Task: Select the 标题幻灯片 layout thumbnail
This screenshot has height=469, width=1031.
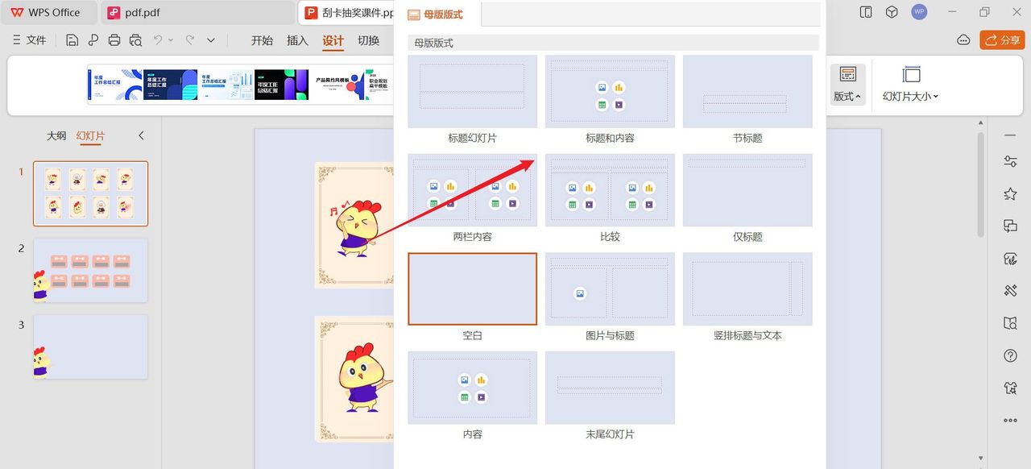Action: pos(472,91)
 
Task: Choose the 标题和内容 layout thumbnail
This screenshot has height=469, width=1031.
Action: pos(610,91)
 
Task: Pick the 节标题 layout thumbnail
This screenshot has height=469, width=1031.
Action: pos(747,91)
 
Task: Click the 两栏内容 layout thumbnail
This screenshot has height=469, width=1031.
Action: pos(472,190)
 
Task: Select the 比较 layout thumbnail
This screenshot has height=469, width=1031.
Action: pos(610,190)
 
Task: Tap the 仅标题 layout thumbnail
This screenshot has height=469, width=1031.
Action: pos(747,190)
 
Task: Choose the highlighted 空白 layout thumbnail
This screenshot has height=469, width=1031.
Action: pos(472,288)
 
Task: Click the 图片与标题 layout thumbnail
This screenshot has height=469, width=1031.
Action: pos(610,288)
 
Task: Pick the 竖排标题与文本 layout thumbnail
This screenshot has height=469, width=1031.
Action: pos(747,288)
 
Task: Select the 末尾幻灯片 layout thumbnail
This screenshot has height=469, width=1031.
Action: pos(610,388)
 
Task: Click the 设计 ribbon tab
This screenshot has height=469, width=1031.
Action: pos(333,40)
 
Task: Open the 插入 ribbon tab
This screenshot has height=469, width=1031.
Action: pos(297,40)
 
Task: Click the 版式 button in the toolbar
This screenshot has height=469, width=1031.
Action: pos(847,84)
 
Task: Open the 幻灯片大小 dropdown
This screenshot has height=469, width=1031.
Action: pos(911,84)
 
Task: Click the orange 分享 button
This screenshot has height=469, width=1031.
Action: pos(1002,40)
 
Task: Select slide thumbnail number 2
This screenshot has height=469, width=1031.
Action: pos(90,270)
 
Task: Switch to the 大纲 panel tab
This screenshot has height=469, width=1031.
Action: pos(56,135)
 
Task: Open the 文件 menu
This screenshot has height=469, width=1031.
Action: pos(31,40)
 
